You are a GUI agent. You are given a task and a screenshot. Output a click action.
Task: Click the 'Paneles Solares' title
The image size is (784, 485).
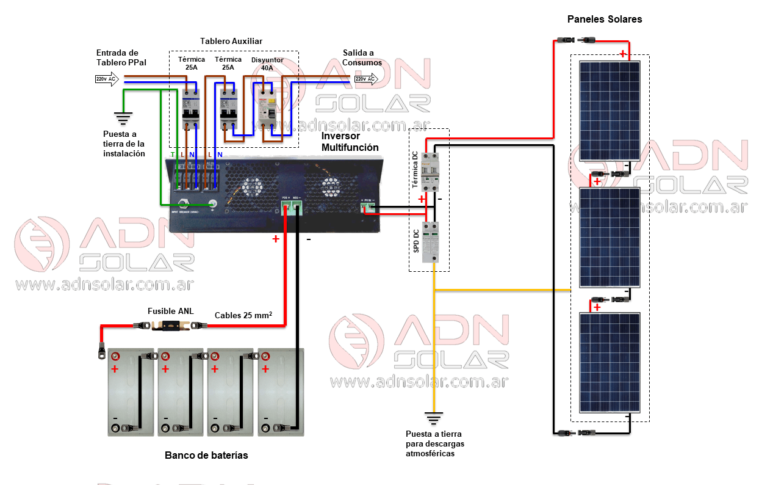tap(604, 19)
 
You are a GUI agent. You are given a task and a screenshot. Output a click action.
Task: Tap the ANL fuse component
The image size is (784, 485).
tap(171, 326)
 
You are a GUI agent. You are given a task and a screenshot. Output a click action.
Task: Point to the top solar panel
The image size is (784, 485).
tap(610, 109)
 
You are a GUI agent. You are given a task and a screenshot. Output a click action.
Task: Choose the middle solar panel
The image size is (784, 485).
tap(610, 237)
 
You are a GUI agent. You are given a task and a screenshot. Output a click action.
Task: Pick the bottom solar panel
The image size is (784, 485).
tap(610, 363)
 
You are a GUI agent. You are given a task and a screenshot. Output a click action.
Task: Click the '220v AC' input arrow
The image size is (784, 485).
tap(107, 79)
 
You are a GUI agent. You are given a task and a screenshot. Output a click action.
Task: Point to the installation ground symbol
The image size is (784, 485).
tap(124, 117)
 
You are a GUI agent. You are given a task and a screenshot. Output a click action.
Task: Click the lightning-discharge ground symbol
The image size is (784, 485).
tap(434, 419)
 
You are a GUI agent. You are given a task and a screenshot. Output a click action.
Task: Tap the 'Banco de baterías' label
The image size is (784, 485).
tap(206, 455)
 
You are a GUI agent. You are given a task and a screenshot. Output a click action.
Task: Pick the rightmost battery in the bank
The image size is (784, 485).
tap(281, 392)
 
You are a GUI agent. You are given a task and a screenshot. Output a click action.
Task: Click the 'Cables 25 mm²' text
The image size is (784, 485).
tap(243, 315)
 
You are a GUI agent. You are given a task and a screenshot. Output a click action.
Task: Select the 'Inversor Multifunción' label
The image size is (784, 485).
tap(350, 142)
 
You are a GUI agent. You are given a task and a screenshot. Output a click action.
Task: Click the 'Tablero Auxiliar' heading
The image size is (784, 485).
tap(231, 41)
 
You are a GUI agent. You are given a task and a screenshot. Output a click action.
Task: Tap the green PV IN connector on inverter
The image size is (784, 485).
tap(369, 207)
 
